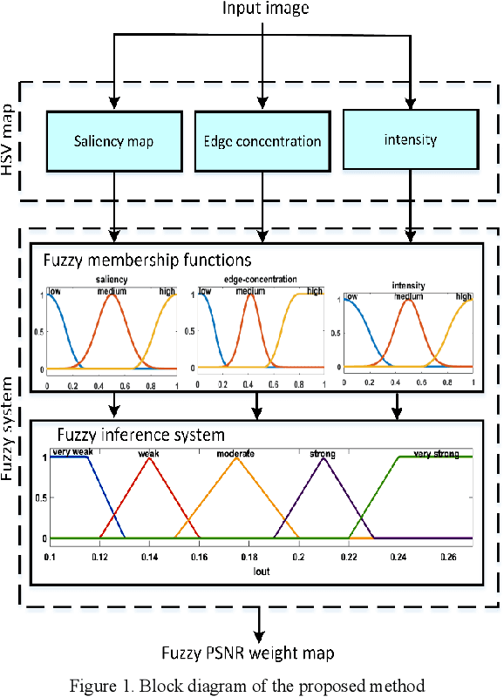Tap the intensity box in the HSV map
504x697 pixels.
click(410, 139)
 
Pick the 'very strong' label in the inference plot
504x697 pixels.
click(434, 454)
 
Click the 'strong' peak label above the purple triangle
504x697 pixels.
click(322, 454)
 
